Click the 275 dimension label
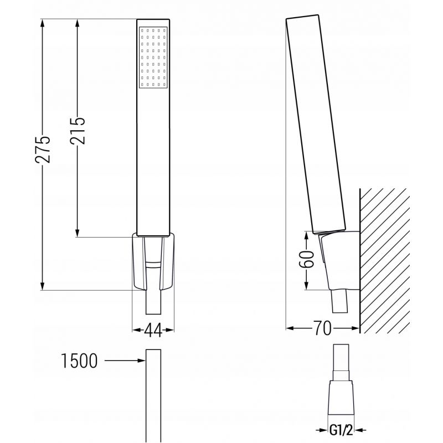[x=43, y=150]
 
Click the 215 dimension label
[x=78, y=131]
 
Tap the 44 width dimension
[x=153, y=329]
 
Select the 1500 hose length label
[x=79, y=361]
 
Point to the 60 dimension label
[x=307, y=259]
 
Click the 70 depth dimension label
[x=322, y=328]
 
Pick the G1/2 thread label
[x=341, y=430]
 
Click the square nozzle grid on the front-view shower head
[x=153, y=58]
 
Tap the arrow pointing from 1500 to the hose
[x=125, y=360]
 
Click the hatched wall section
[x=385, y=260]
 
